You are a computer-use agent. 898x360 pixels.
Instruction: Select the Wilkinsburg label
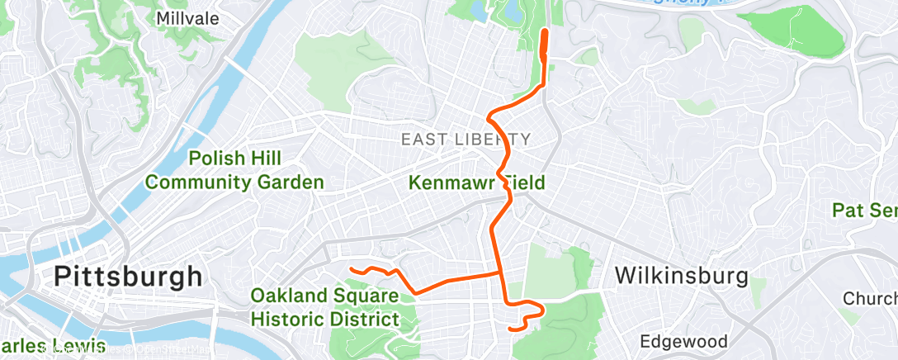[681, 275]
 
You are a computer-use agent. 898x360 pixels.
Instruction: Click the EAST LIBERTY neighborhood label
[466, 140]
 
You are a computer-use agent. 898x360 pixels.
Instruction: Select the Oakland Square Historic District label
[324, 306]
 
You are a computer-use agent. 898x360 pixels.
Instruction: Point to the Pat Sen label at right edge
[864, 211]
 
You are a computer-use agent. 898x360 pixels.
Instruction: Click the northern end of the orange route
[545, 32]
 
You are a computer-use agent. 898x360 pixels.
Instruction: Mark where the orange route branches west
[499, 272]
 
